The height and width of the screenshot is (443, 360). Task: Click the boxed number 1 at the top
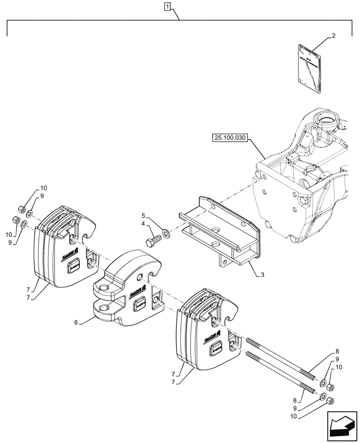pos(167,6)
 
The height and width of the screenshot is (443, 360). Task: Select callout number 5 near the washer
pos(144,215)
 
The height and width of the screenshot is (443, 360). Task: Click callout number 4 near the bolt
pos(144,224)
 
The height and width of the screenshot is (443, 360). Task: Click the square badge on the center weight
pos(140,304)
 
